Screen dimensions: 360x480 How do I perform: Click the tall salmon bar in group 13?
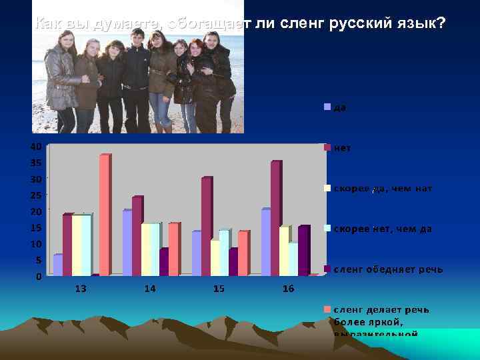click(x=104, y=215)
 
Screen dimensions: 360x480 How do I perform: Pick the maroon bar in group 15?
click(x=206, y=226)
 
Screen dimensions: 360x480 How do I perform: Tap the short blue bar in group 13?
click(x=57, y=265)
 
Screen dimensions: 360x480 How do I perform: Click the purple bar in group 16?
click(x=303, y=250)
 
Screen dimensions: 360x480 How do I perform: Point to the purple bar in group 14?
click(x=164, y=261)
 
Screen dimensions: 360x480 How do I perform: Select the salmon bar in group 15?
click(x=243, y=253)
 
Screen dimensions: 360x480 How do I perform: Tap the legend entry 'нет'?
click(x=343, y=147)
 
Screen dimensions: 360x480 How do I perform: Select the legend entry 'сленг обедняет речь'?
click(x=387, y=269)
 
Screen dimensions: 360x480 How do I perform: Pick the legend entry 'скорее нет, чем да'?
click(x=382, y=229)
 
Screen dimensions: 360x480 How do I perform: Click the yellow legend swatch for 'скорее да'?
click(x=327, y=188)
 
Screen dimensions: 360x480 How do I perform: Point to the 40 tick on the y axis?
click(x=36, y=146)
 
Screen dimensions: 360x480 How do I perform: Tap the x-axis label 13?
click(x=81, y=289)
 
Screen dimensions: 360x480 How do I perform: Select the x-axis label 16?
click(x=288, y=289)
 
